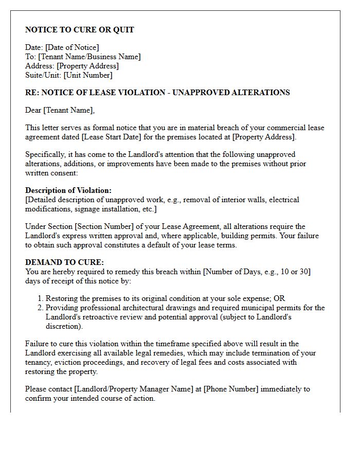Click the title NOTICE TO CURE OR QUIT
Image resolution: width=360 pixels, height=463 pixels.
(x=80, y=30)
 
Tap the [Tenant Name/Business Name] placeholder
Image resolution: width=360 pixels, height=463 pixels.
(x=89, y=57)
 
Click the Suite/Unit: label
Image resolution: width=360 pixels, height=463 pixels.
(x=43, y=75)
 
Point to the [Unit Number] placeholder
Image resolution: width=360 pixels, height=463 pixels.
(x=87, y=75)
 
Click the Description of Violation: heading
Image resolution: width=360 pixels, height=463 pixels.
(x=68, y=190)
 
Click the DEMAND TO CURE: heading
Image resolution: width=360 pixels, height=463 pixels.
(x=57, y=262)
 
